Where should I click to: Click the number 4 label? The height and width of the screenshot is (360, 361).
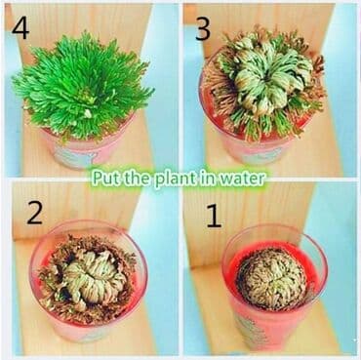[20, 28]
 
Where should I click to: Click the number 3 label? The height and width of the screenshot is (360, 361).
[203, 29]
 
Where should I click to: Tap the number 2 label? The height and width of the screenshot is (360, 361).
[34, 213]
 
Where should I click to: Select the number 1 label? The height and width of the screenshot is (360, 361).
[215, 217]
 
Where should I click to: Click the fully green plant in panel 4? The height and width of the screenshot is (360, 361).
[82, 86]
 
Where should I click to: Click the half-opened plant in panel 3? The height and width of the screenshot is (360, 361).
[264, 82]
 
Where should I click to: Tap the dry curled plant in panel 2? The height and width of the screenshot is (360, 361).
[87, 278]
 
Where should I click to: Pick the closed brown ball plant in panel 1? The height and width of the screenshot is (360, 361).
[271, 279]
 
